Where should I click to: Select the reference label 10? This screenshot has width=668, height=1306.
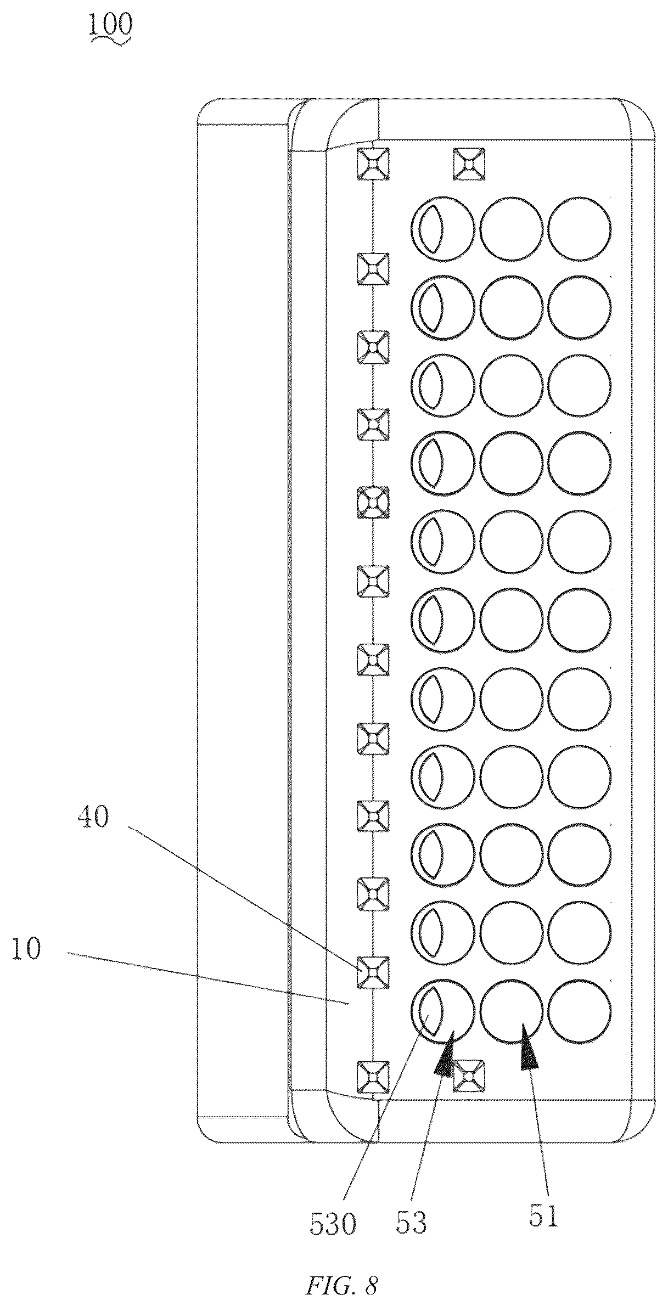tap(25, 950)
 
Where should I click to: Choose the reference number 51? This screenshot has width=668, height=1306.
tap(543, 1213)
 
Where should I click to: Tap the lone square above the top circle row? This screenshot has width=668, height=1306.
tap(469, 164)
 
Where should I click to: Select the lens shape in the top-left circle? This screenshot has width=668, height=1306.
tap(431, 229)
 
